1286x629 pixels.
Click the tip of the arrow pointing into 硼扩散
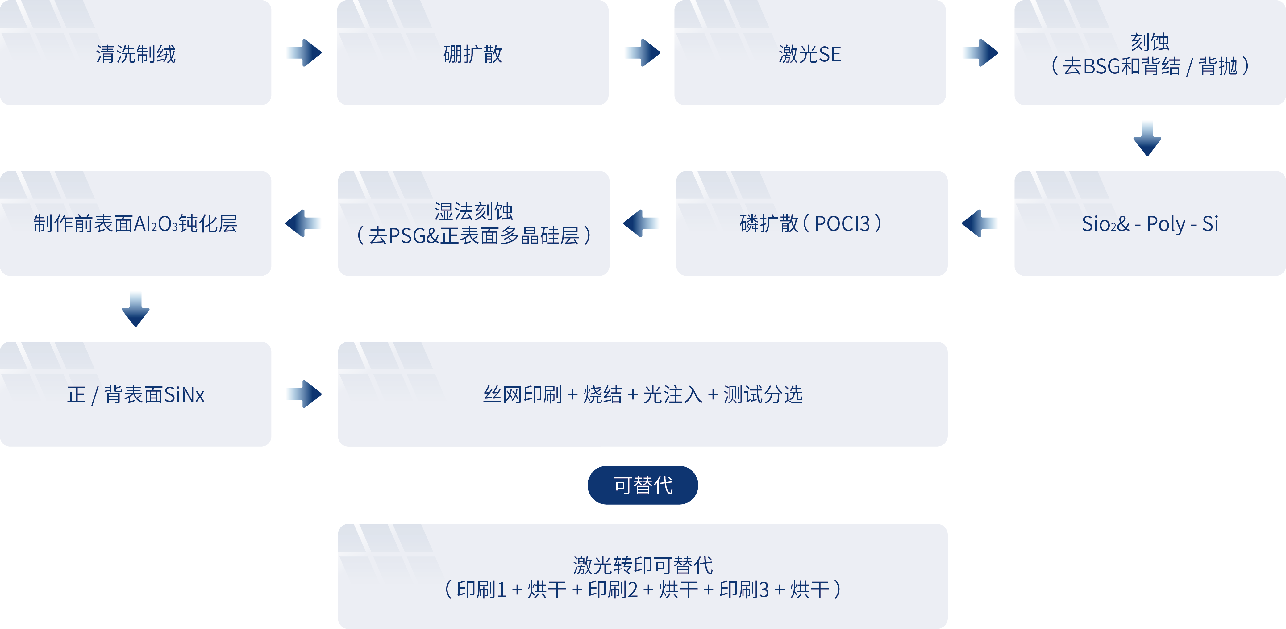coord(322,52)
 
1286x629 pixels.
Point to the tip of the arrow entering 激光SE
coord(660,52)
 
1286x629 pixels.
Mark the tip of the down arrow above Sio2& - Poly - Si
coord(1147,156)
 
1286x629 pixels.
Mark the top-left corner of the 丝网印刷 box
coord(339,342)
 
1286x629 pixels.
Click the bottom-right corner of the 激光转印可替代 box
coord(947,628)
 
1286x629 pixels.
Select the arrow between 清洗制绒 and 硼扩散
coord(304,52)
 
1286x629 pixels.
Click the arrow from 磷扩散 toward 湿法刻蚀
coord(641,223)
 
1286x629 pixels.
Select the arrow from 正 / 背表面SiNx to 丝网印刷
coord(304,394)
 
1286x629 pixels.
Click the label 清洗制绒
coord(136,54)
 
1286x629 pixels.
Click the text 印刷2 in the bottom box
coord(613,589)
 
